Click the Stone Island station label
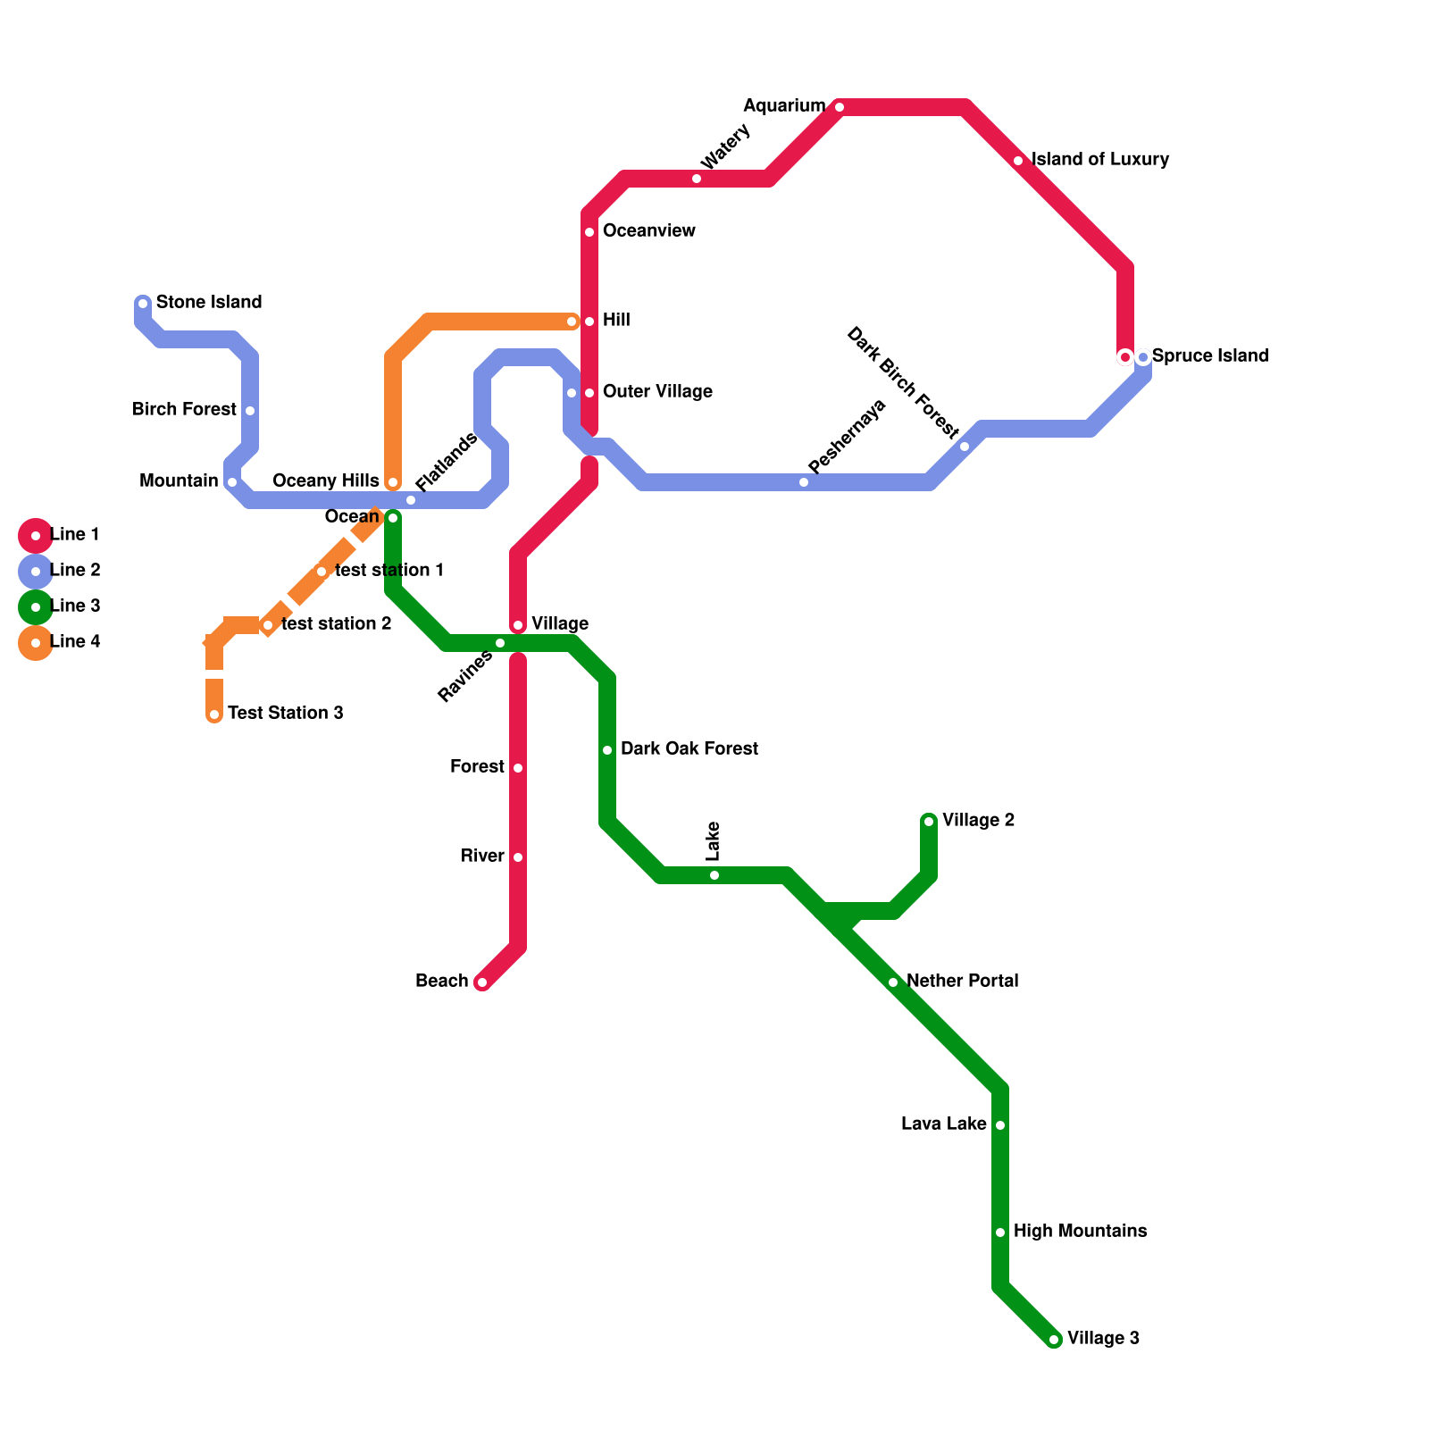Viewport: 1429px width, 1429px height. coord(209,303)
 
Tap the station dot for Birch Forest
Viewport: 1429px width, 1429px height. coord(250,411)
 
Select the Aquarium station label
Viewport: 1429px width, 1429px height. coord(784,106)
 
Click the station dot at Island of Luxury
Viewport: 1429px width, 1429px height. coord(1018,161)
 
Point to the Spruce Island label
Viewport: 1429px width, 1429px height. coord(1210,356)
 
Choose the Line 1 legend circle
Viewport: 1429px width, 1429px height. coord(36,536)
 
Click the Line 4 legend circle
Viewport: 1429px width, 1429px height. coord(36,643)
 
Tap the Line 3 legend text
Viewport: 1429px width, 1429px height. coord(75,606)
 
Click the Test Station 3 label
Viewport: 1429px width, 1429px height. coord(286,714)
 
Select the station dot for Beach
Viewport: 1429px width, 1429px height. coord(482,982)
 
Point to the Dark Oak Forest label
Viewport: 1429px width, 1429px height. coord(689,749)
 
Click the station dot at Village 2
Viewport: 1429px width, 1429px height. coord(929,822)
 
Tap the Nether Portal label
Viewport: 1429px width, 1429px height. coord(963,982)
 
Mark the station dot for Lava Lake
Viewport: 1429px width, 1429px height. coord(1000,1125)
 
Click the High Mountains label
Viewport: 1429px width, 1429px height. coord(1081,1232)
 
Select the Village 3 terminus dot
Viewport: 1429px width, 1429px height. coord(1054,1340)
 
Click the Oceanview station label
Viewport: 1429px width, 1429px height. coord(649,231)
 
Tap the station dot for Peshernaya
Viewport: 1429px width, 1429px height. coord(804,482)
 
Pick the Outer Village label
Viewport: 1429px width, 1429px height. coord(657,392)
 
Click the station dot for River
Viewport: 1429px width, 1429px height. coord(518,857)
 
